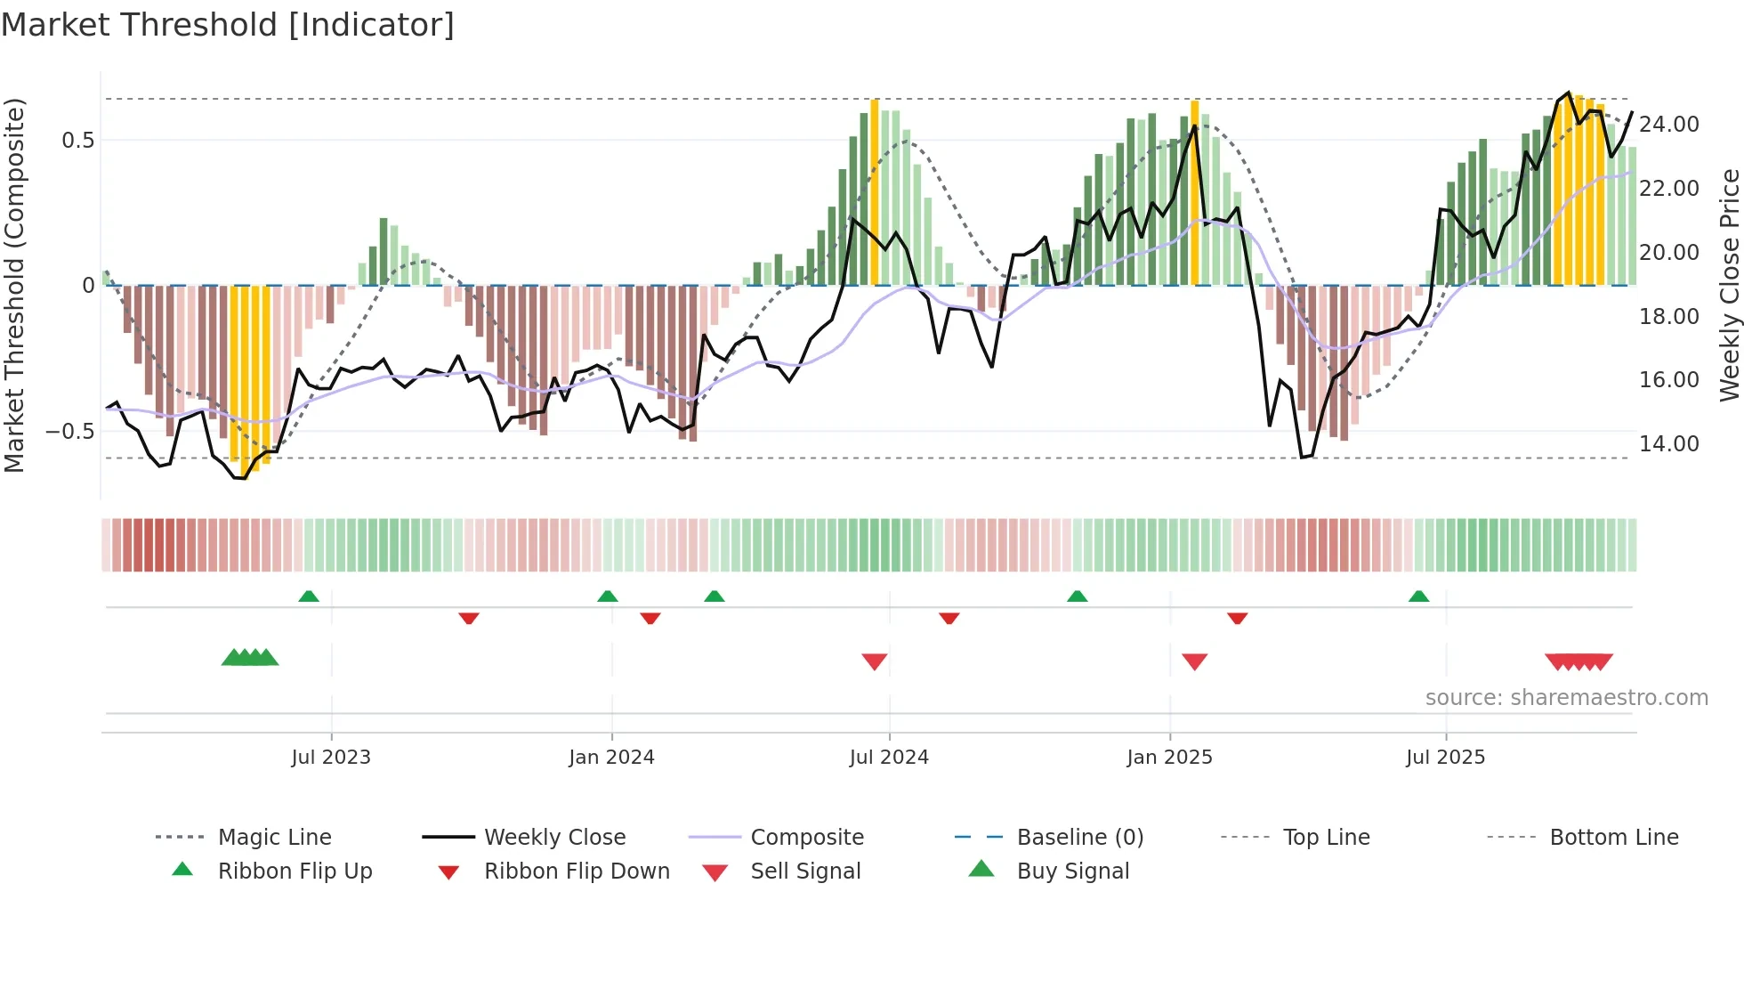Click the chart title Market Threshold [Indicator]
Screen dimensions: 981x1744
click(228, 25)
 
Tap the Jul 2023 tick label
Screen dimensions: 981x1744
click(331, 758)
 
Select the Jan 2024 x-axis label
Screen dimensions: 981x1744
click(611, 758)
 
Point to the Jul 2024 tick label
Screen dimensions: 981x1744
click(889, 758)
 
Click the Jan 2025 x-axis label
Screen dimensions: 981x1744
click(1169, 758)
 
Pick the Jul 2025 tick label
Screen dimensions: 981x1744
click(1445, 758)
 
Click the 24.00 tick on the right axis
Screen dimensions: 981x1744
click(1668, 125)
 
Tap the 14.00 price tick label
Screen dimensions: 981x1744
click(1668, 444)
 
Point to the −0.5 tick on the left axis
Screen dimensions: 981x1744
click(69, 432)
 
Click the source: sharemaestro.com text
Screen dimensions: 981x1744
click(1566, 698)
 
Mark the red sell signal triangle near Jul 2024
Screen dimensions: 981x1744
click(875, 661)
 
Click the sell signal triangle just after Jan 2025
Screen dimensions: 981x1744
click(1194, 661)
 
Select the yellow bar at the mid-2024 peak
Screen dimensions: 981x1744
click(875, 192)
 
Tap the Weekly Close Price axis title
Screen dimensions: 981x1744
click(1728, 285)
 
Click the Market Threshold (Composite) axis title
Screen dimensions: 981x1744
click(14, 285)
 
